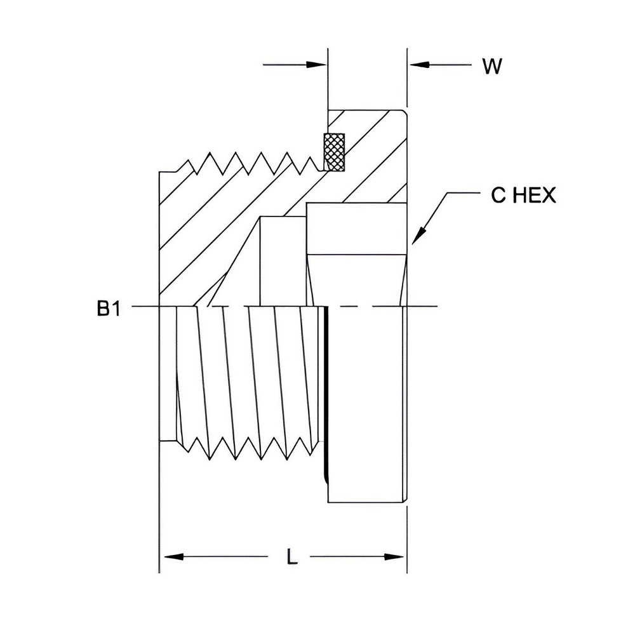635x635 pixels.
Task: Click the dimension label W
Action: [491, 67]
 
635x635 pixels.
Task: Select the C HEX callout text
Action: [523, 196]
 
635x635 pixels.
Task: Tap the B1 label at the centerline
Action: [108, 309]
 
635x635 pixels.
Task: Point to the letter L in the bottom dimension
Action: [291, 558]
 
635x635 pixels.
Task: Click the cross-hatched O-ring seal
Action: [333, 152]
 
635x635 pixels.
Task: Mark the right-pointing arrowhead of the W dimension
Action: [317, 65]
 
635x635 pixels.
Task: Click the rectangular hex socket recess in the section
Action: [356, 229]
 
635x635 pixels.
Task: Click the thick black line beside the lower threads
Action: [326, 394]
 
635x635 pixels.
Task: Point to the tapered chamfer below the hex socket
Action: [356, 279]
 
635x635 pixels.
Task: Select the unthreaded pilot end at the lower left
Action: [167, 375]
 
